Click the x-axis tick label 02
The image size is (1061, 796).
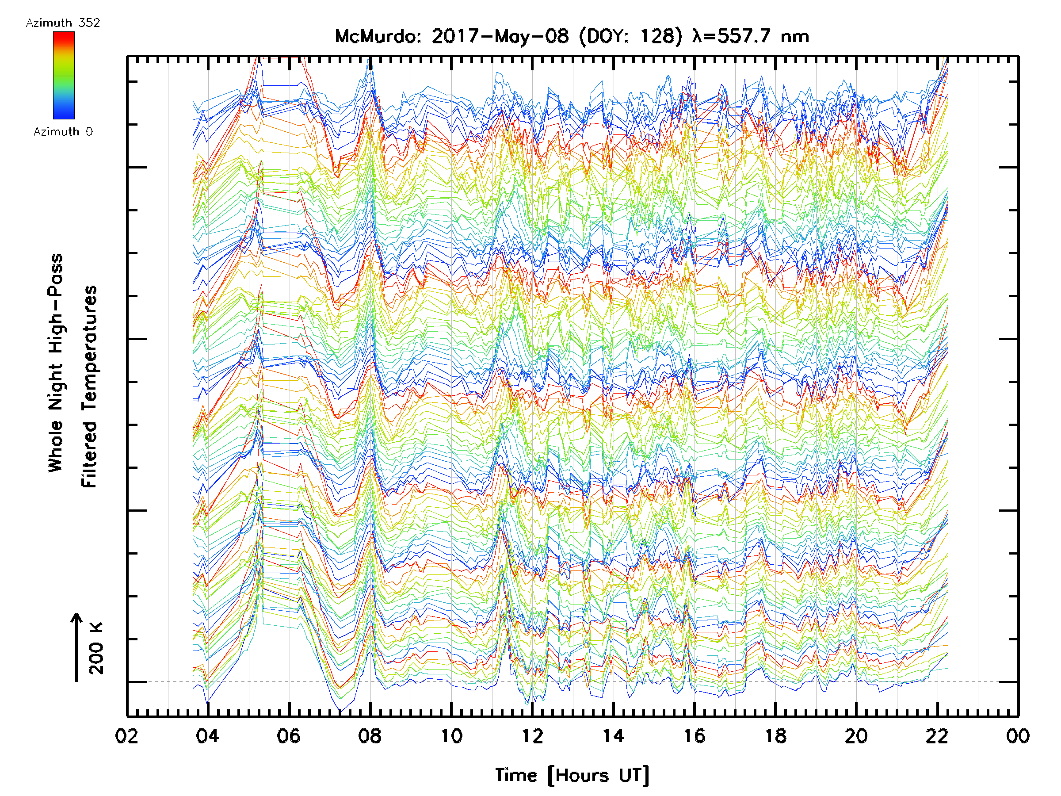126,736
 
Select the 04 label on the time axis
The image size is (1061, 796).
207,736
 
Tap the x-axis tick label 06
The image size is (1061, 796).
288,736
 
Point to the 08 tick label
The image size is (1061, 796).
369,736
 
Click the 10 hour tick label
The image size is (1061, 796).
451,736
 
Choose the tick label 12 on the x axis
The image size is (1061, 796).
532,736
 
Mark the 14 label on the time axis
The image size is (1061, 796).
613,736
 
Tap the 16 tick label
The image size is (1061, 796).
694,736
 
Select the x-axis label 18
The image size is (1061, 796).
775,736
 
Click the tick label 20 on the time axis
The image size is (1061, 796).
856,736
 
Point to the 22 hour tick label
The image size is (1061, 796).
937,736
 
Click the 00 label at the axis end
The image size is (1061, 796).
1018,736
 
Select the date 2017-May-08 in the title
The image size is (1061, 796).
500,36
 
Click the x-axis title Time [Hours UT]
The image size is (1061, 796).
572,775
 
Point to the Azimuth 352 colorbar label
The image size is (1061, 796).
63,23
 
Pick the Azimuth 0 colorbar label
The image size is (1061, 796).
63,131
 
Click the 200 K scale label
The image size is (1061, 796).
96,649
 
